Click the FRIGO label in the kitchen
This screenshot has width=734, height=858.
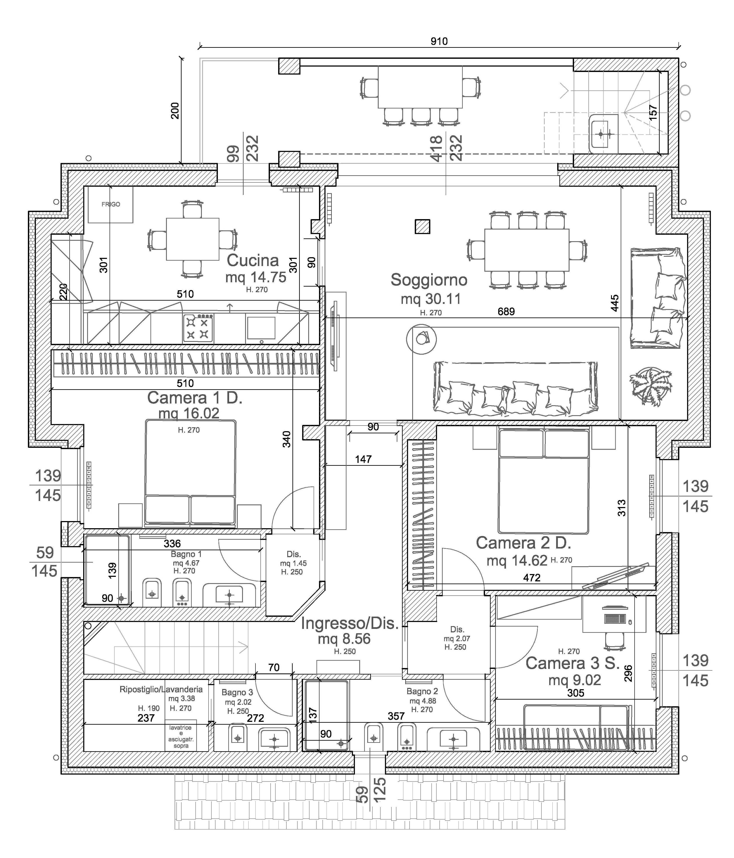tap(111, 204)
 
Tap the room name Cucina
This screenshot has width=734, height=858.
tap(253, 260)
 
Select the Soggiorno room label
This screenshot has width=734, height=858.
tap(429, 280)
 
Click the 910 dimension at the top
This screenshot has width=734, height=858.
tap(439, 41)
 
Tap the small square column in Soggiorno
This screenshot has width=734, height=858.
tap(422, 226)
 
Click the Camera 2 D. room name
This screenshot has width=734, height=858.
tap(523, 543)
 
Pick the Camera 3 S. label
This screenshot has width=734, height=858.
tap(573, 663)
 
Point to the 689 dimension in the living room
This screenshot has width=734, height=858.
tap(506, 311)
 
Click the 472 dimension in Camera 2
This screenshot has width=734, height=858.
tap(531, 578)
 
